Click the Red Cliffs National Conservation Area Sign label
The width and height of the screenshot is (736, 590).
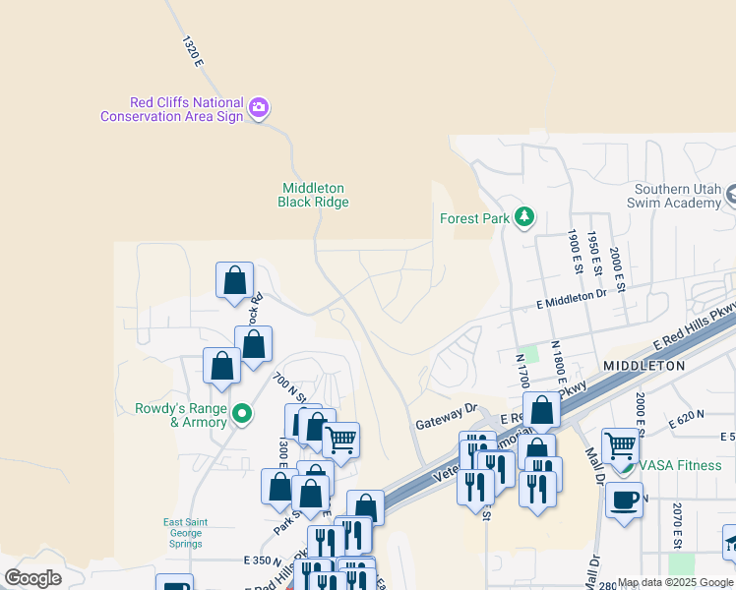click(172, 109)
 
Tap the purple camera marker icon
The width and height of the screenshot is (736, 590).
click(259, 107)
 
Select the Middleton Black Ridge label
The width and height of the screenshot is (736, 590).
click(314, 195)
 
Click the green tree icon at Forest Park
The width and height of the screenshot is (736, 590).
click(525, 216)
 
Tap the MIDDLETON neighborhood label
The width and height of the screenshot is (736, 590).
click(644, 365)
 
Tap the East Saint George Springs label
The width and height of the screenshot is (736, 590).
click(183, 533)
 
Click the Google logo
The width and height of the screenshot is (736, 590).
click(32, 578)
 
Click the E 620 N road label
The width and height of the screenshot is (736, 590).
click(688, 420)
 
